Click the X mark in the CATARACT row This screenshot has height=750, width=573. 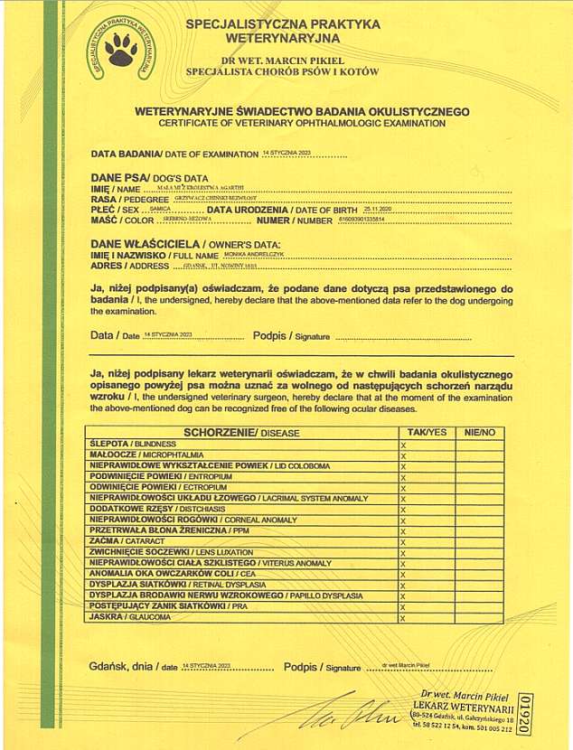[x=403, y=541]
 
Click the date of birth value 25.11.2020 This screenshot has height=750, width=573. [x=378, y=208]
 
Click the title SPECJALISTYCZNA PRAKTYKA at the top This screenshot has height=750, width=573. [x=282, y=23]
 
